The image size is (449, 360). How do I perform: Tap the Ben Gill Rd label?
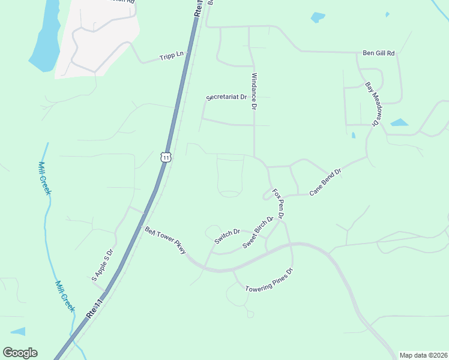coord(379,53)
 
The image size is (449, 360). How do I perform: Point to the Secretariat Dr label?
coord(227,97)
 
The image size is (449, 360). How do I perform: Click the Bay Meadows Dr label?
coord(372,104)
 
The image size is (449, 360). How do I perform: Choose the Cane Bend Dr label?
coord(325,182)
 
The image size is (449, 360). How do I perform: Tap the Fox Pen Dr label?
coord(278,203)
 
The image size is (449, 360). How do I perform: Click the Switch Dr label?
coord(228,236)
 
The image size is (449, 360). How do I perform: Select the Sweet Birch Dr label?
coord(258,232)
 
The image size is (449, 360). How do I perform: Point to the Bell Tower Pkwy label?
coord(165,240)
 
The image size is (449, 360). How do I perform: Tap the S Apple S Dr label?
coord(102,265)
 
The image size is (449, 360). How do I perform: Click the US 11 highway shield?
coord(166,157)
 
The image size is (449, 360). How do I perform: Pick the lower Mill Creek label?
coord(65,296)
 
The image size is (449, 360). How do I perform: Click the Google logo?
coord(20,353)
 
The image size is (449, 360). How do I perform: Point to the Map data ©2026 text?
coord(423,355)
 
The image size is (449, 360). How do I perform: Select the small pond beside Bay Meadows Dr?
coord(399,122)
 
